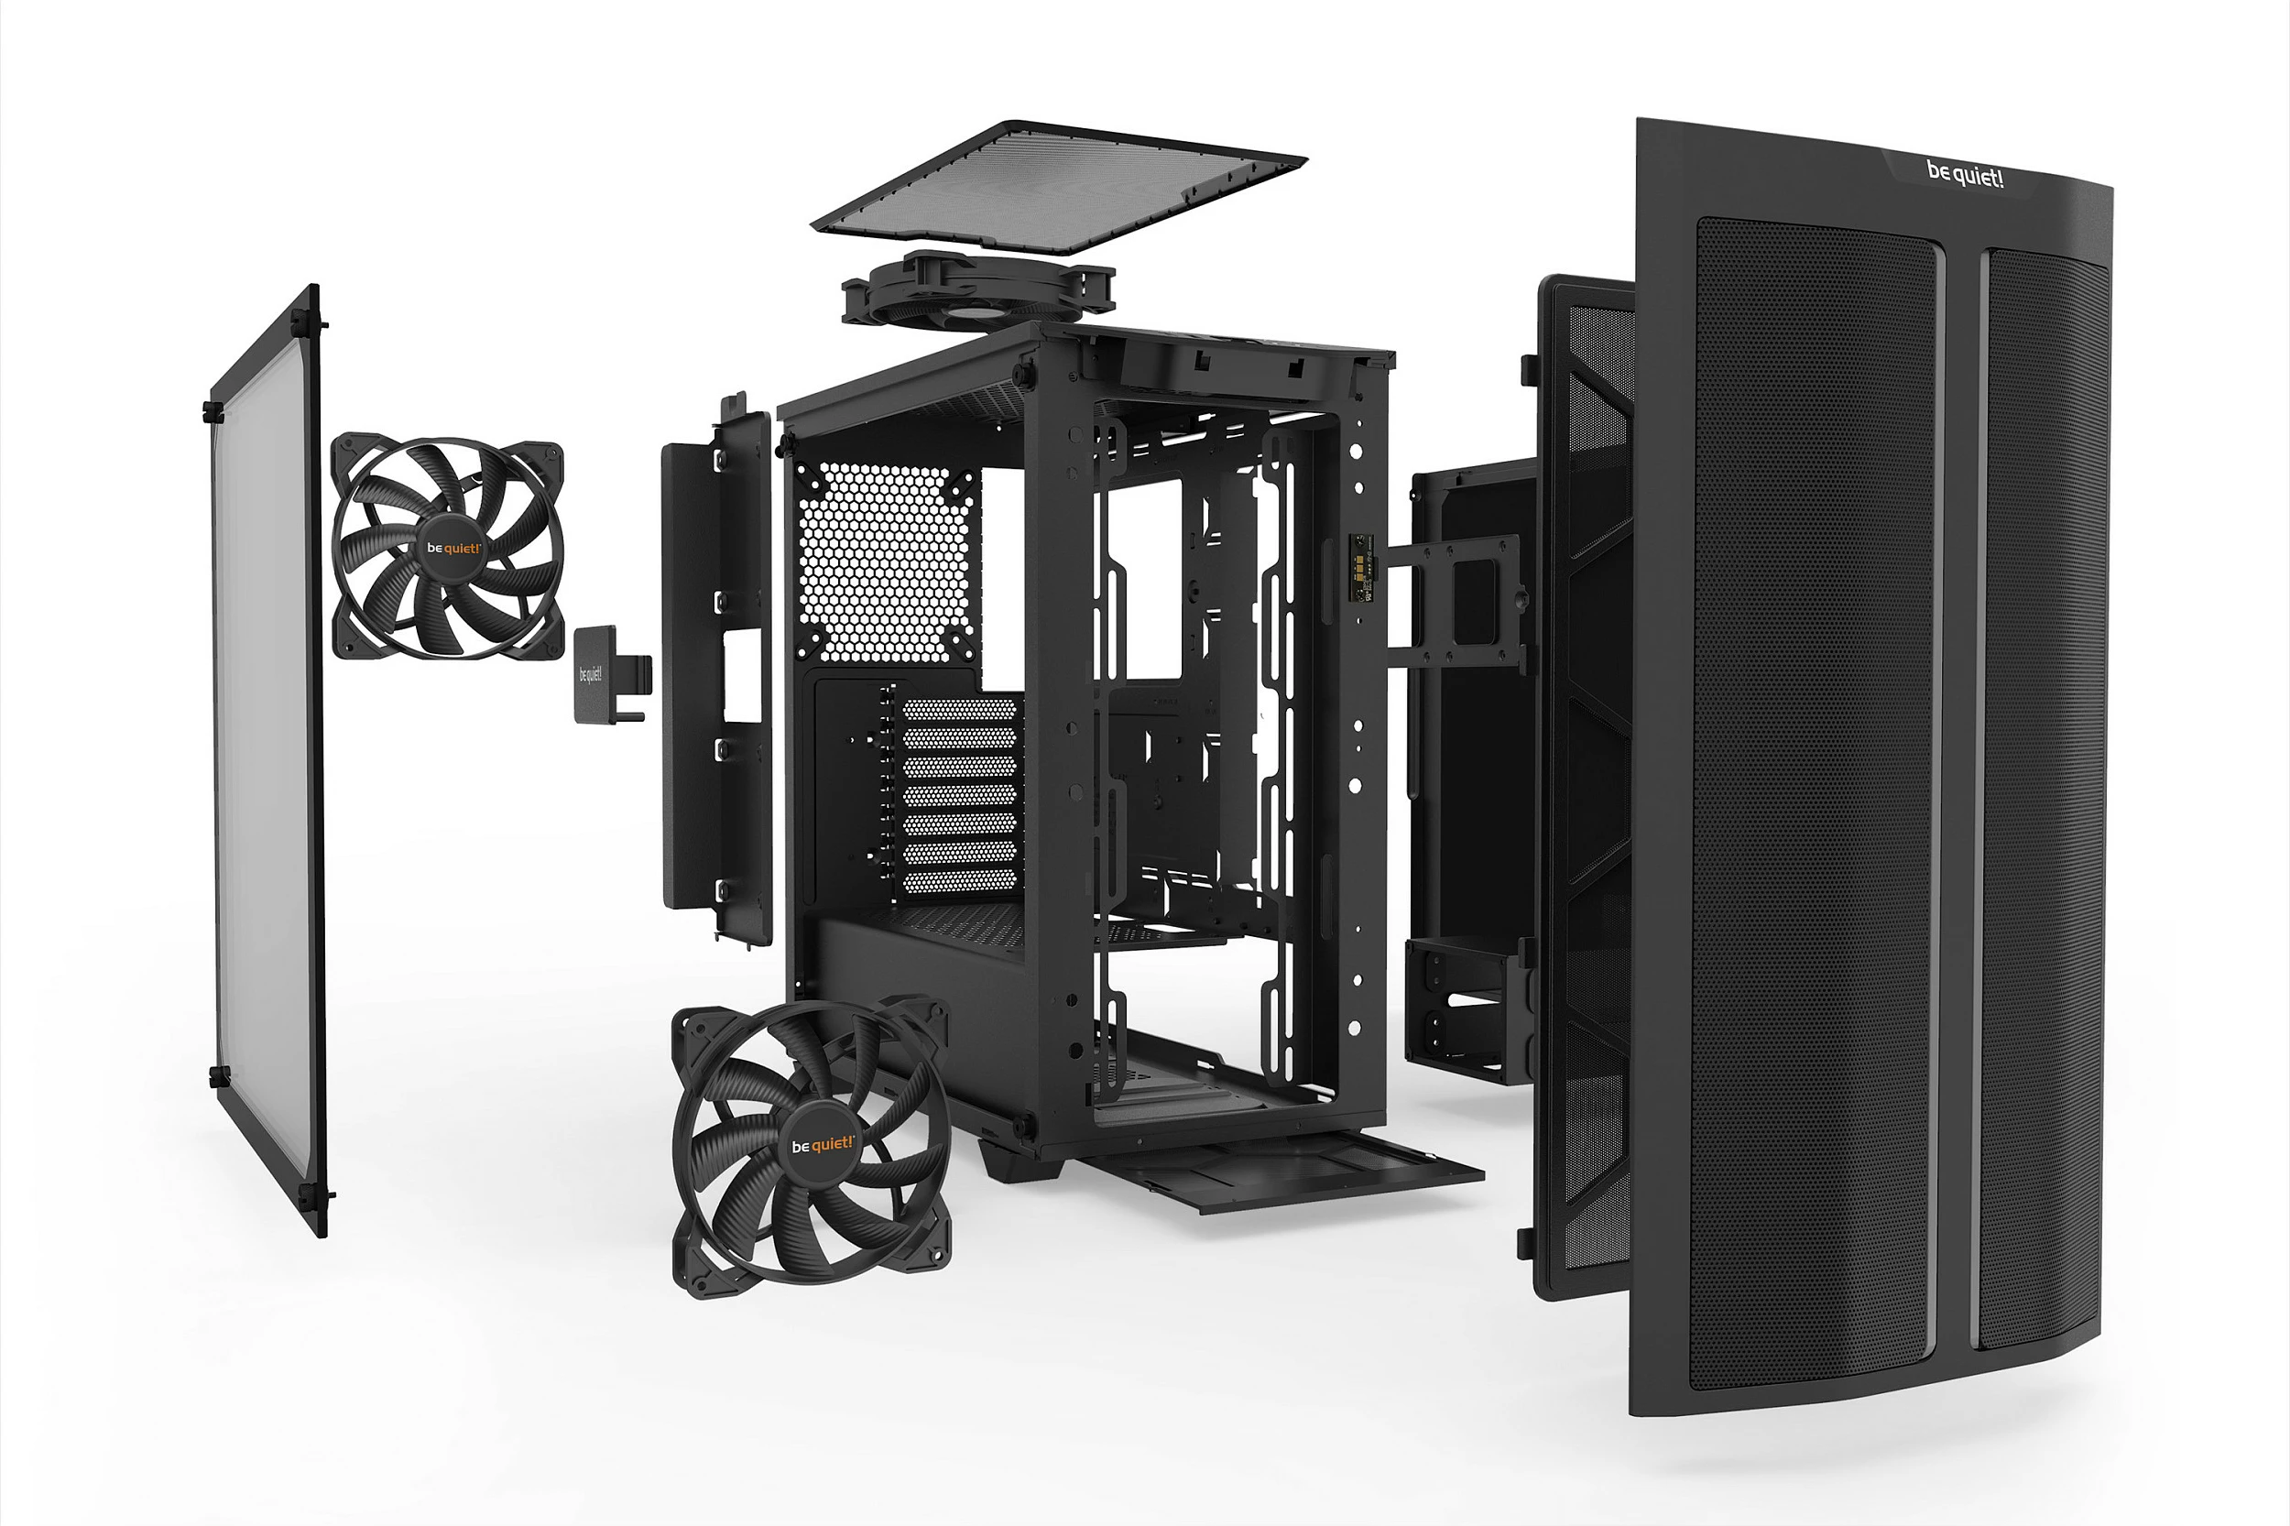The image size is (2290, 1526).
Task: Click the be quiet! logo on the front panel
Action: pyautogui.click(x=1964, y=174)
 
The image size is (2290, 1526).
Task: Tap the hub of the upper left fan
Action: pyautogui.click(x=453, y=547)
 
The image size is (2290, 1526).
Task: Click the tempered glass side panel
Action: pyautogui.click(x=265, y=759)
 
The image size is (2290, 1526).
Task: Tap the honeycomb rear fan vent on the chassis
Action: pyautogui.click(x=886, y=562)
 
